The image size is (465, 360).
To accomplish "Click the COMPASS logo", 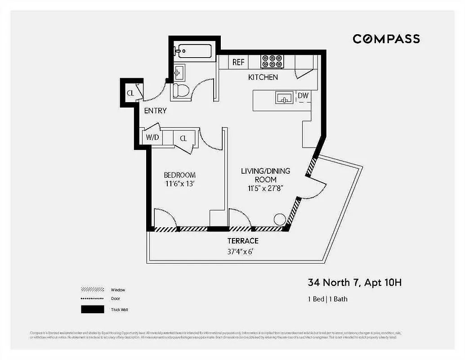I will pos(386,39).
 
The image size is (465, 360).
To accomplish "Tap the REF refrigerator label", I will pos(238,63).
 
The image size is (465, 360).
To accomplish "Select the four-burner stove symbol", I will pos(272,61).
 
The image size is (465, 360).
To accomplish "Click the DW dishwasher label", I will pos(303,95).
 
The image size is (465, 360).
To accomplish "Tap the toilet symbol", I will pos(181,90).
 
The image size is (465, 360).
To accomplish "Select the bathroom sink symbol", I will pos(179,72).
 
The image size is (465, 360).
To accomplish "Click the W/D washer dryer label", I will pos(152,138).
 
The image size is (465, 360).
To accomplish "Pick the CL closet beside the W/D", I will pos(183,138).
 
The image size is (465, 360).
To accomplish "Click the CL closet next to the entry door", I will pos(130,93).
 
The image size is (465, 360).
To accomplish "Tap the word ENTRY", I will pos(155,111).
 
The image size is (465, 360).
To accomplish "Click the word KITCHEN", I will pos(263,77).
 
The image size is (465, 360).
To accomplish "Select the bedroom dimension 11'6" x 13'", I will pos(179,184).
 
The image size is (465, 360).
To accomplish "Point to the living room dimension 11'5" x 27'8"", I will pos(265,188).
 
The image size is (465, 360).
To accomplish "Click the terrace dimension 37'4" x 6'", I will pos(243,252).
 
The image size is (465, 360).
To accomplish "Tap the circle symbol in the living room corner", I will pos(280,219).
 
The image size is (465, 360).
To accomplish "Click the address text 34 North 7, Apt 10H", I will pos(354,283).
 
